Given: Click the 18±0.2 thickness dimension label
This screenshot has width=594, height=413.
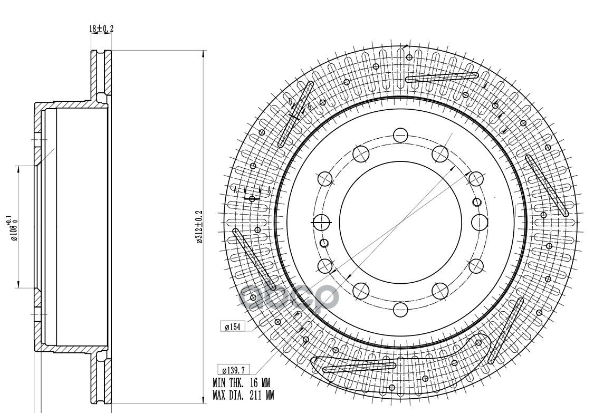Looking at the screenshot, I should click(101, 29).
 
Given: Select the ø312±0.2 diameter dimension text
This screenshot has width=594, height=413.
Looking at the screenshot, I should click(199, 227).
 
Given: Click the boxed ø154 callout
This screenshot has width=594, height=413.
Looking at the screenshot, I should click(233, 327).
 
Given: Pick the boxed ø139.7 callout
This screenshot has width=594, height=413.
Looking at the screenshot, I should click(234, 370).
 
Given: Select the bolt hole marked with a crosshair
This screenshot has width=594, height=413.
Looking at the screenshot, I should click(321, 220).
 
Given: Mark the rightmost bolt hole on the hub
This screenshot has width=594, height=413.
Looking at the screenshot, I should click(479, 220).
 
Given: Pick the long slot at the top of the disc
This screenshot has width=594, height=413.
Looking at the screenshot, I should click(442, 77).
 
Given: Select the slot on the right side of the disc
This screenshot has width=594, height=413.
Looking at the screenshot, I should click(547, 186).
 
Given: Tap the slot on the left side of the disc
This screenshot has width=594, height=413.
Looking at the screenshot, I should click(253, 258).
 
